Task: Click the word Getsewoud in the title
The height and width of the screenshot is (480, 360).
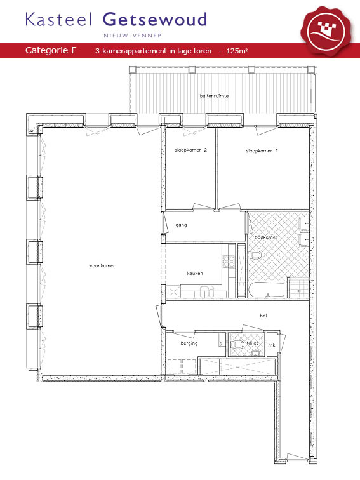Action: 154,19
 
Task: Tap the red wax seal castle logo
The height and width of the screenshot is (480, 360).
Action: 326,30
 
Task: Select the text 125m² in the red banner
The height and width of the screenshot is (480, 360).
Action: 237,51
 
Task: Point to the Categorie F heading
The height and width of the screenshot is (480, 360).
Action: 51,50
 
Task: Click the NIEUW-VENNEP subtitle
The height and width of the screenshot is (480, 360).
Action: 132,36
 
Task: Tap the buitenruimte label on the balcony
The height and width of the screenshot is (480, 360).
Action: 215,96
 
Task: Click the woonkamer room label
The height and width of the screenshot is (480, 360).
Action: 102,265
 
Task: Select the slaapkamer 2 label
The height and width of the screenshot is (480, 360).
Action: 190,150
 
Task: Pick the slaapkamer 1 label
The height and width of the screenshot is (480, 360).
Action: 262,150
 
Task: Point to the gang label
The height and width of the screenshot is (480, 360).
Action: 181,225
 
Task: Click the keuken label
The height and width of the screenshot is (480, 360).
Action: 195,273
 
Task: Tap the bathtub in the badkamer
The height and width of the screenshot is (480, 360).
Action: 267,290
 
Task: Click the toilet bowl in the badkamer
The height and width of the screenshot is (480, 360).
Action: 255,255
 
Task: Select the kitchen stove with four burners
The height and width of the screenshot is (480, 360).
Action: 229,262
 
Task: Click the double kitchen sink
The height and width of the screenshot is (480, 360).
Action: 207,291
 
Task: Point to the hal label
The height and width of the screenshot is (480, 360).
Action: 263,316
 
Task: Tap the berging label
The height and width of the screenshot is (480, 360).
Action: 189,343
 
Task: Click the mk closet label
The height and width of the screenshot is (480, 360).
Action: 272,345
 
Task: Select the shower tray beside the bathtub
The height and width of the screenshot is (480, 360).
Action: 299,289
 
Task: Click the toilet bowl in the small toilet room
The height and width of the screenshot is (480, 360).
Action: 239,345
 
